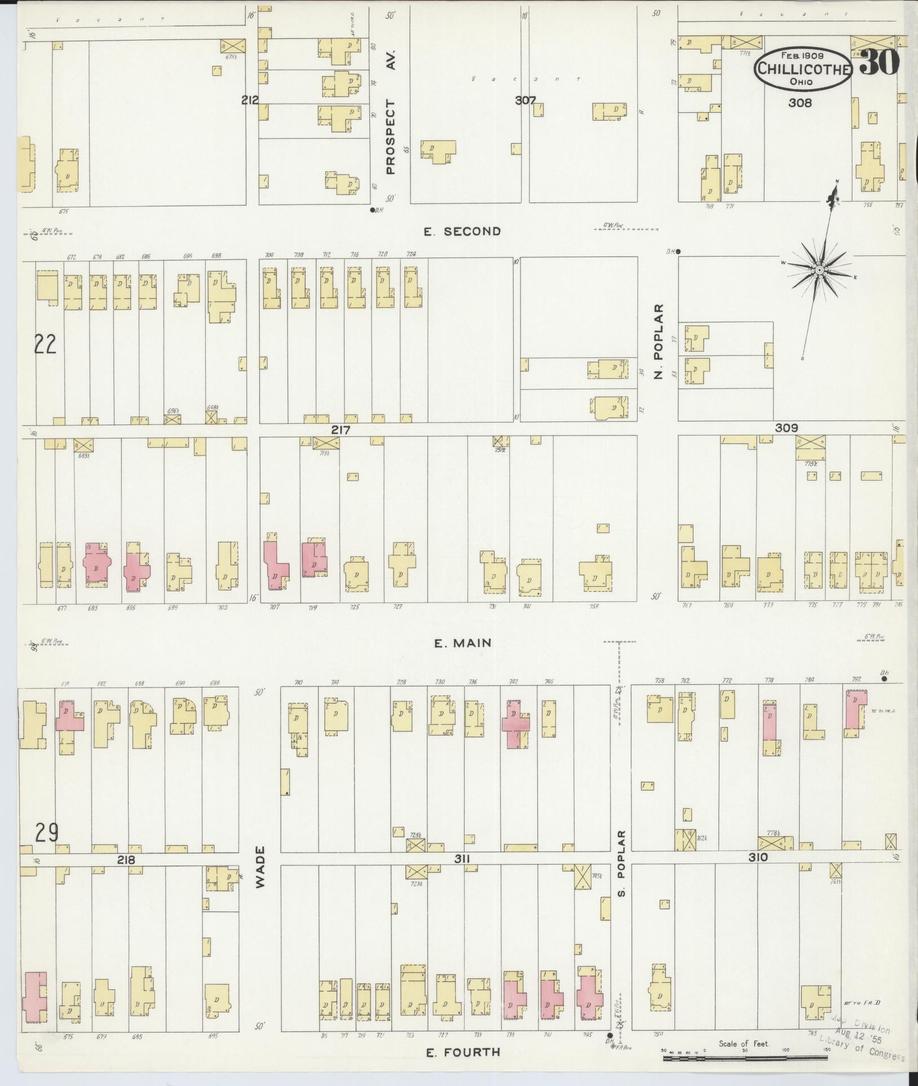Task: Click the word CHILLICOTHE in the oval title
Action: [804, 70]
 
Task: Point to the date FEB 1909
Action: [802, 56]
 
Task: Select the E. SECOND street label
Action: [462, 231]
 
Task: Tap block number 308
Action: [800, 103]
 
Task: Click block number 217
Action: [341, 430]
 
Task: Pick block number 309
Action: [786, 428]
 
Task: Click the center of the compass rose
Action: [820, 271]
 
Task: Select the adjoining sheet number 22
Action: [45, 343]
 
